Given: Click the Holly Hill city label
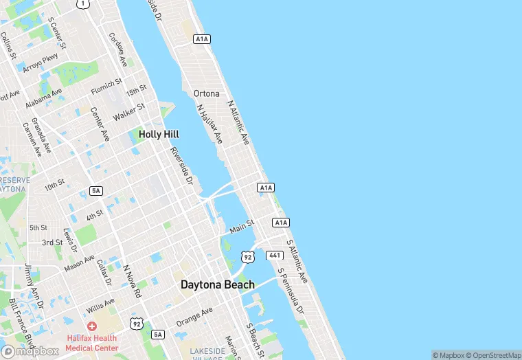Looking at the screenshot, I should click(x=159, y=135).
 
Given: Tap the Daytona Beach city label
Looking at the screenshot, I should click(x=217, y=284).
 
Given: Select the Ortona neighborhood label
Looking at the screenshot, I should click(x=207, y=93).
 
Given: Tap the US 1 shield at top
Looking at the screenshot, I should click(x=83, y=3).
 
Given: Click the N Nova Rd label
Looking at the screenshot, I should click(x=132, y=281).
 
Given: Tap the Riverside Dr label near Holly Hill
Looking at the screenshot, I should click(x=182, y=166).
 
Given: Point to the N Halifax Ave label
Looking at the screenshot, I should click(x=209, y=124).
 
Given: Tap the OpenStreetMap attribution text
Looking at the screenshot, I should click(x=494, y=355).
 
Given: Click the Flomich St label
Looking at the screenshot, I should click(x=106, y=87).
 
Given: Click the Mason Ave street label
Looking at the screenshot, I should click(x=80, y=262).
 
